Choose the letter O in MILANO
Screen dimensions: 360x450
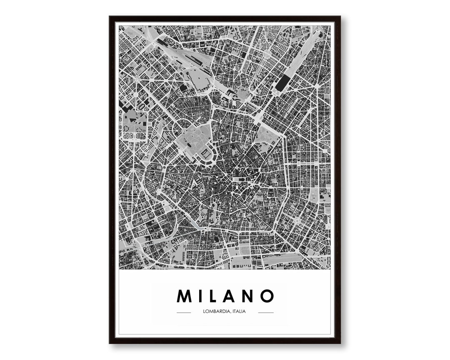tap(267, 296)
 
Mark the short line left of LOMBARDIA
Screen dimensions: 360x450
tap(184, 312)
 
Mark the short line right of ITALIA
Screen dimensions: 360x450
tap(266, 312)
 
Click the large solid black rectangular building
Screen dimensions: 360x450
tap(281, 83)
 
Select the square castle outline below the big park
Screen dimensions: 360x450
tap(205, 155)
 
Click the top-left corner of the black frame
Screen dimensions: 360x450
tap(110, 17)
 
